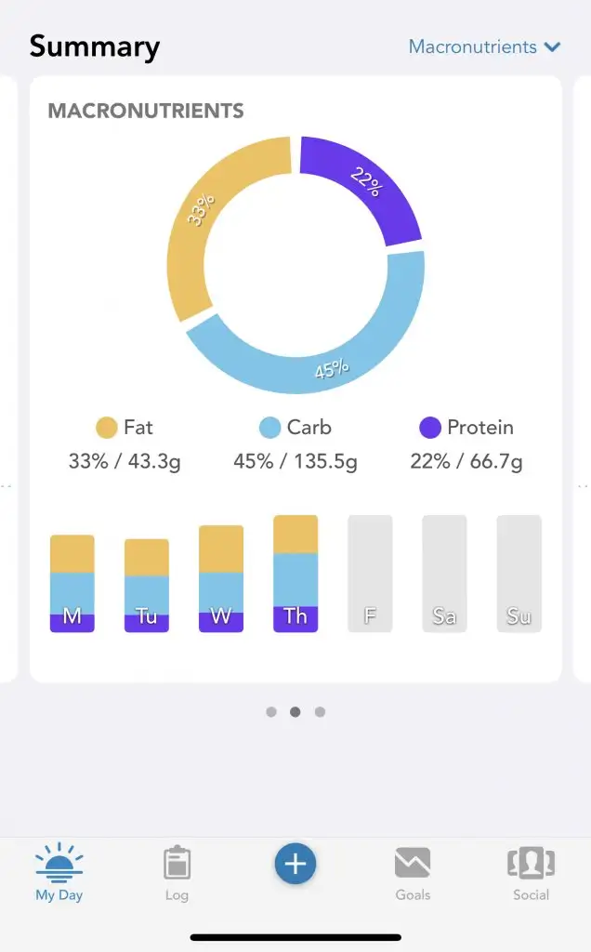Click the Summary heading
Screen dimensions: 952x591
(x=95, y=46)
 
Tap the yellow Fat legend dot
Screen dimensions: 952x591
(x=107, y=428)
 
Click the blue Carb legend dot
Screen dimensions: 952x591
(x=269, y=428)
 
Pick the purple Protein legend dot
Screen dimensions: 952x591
(x=430, y=428)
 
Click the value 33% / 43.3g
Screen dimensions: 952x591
(x=124, y=461)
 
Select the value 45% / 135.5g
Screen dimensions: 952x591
(x=295, y=461)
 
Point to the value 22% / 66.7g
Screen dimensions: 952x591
(x=466, y=461)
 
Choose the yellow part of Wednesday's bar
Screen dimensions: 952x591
(x=221, y=549)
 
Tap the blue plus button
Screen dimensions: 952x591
(x=295, y=865)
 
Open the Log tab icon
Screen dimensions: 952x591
(x=177, y=864)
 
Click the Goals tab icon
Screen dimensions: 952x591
(x=413, y=864)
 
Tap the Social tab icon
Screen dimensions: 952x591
(x=531, y=864)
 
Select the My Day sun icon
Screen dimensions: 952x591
(x=59, y=864)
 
